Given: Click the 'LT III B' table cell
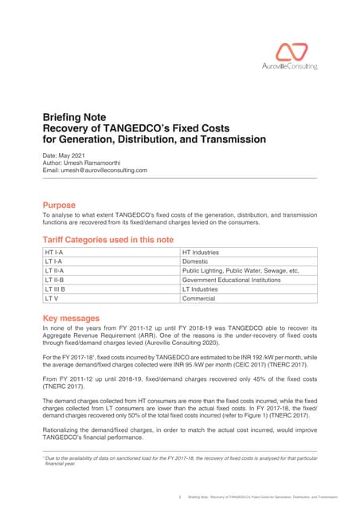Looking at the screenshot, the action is click(x=56, y=290).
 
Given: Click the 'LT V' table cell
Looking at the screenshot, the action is click(x=51, y=300).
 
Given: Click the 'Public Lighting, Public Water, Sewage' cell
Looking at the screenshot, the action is click(x=239, y=271).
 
